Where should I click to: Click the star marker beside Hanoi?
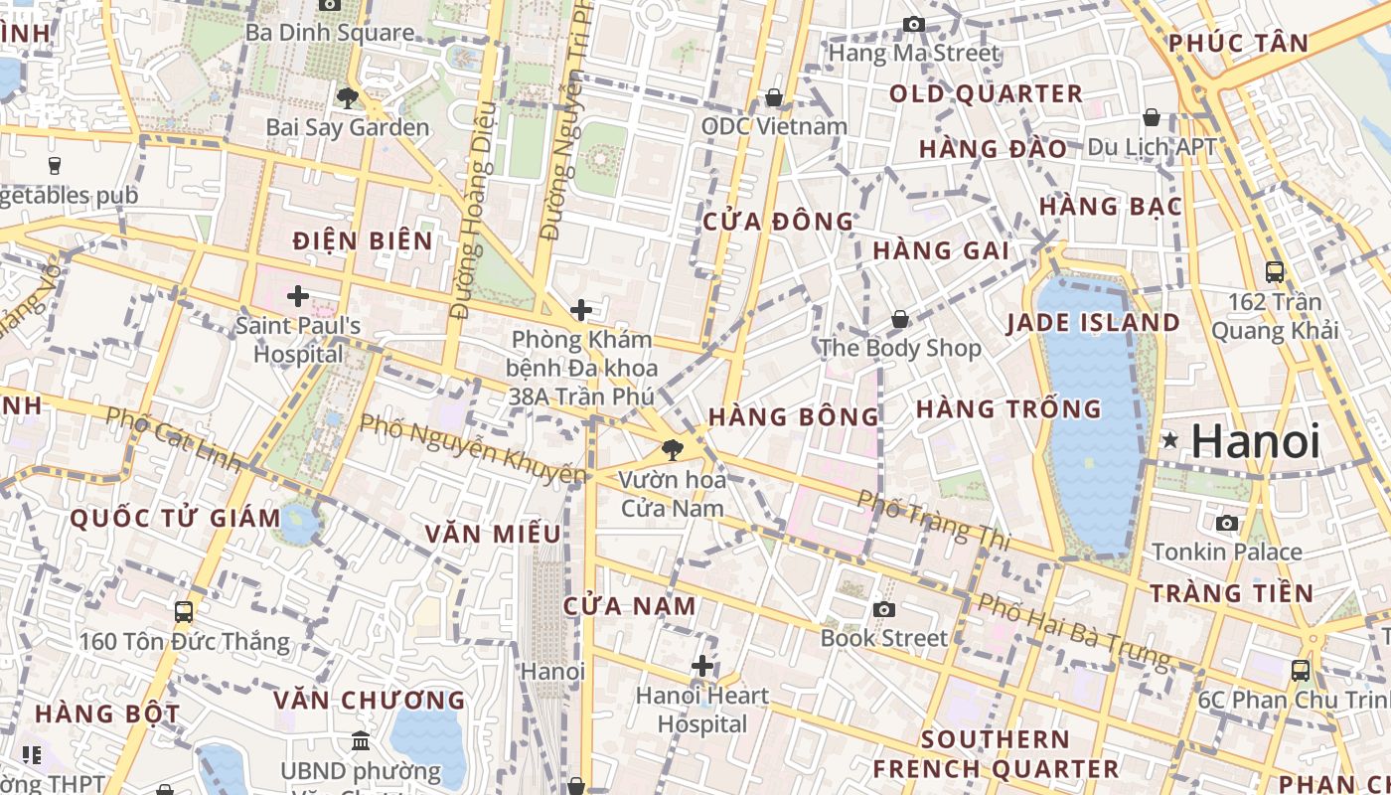(1170, 440)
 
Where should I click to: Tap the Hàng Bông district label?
(794, 416)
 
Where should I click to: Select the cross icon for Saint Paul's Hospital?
(297, 295)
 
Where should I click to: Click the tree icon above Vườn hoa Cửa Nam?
(673, 449)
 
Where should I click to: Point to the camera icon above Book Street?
(883, 609)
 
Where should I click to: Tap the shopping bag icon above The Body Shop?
(899, 319)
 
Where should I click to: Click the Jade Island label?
(1093, 322)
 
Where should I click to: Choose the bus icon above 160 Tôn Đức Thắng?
(184, 611)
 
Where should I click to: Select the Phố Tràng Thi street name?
(933, 520)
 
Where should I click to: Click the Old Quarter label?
(986, 94)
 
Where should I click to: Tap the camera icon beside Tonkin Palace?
(1227, 523)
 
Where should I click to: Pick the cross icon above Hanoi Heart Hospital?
(702, 665)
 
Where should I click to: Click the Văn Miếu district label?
(493, 534)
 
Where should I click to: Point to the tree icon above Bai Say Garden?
(347, 97)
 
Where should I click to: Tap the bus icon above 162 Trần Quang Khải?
(1274, 271)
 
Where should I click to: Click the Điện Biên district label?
(363, 240)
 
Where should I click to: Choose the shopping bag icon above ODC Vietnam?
(773, 97)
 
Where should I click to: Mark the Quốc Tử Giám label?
(176, 518)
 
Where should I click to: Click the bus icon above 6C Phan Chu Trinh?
(1300, 670)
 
